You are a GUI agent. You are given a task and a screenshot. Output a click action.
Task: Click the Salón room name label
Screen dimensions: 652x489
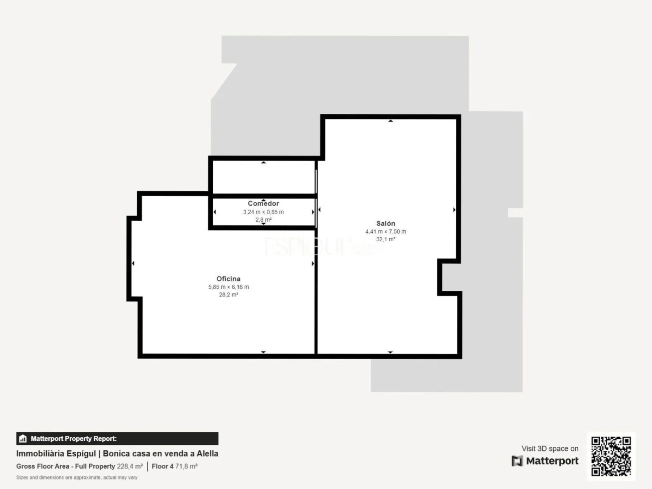click(x=386, y=223)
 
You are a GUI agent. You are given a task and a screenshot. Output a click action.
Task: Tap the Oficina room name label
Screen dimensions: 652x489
click(x=228, y=279)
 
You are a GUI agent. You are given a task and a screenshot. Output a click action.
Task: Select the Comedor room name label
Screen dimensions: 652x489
click(x=263, y=204)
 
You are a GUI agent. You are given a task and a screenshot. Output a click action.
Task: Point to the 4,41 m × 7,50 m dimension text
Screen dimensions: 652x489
click(x=386, y=232)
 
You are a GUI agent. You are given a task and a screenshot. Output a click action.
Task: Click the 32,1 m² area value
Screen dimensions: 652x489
click(x=386, y=239)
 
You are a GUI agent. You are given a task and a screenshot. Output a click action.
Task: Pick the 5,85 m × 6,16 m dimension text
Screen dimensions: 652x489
click(x=228, y=287)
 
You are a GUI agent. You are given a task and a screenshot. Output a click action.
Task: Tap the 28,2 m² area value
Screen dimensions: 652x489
click(x=228, y=295)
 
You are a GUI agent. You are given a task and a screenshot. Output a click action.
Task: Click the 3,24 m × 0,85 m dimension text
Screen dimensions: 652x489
click(x=263, y=212)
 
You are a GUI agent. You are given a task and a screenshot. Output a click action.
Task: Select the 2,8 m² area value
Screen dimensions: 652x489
click(x=263, y=220)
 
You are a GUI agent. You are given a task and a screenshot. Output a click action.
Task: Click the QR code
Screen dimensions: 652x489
click(x=611, y=456)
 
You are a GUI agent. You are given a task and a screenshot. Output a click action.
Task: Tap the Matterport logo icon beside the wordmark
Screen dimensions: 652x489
click(x=517, y=461)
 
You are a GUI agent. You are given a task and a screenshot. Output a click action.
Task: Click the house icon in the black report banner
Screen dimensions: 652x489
click(x=23, y=438)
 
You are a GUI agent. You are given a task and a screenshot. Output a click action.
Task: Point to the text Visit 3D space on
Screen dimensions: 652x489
click(x=550, y=448)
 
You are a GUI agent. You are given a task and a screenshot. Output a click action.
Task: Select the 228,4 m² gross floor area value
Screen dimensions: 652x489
click(x=130, y=466)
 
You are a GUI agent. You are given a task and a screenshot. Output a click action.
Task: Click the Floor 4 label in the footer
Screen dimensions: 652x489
click(x=162, y=466)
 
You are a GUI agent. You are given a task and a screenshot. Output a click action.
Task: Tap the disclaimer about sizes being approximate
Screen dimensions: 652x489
click(x=77, y=477)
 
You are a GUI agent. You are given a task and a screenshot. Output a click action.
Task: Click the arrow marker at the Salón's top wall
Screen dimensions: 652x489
click(x=391, y=121)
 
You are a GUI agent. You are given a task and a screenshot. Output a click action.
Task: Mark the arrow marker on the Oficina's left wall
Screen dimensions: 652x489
click(x=133, y=263)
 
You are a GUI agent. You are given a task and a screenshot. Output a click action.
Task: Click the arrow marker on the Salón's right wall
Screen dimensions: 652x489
click(x=454, y=210)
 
